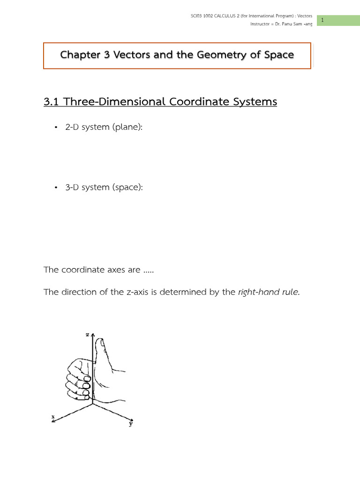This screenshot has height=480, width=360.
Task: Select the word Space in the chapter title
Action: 278,55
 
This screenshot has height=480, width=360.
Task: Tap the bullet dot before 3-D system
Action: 56,187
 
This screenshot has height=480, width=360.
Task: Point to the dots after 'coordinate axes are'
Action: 148,270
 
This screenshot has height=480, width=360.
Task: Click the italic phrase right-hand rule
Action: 268,292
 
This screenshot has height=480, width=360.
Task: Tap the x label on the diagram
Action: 53,416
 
